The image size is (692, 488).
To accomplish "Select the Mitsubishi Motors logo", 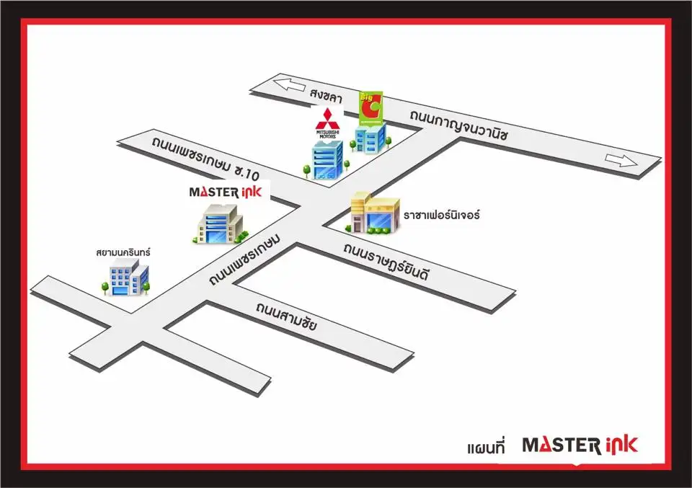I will point(327,124).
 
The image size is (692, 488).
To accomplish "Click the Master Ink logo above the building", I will point(229,191).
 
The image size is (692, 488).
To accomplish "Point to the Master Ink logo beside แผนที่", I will point(580,444).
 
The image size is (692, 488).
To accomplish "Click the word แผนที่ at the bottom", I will point(487,447).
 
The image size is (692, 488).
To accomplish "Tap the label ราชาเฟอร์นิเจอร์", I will point(441,215).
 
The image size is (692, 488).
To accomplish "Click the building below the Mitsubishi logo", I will point(327,159).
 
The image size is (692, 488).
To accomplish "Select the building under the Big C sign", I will point(371,138).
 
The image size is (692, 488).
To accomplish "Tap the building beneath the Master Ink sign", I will point(220,224).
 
